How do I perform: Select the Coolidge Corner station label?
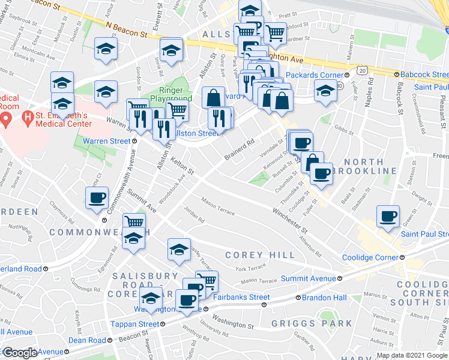click(369, 258)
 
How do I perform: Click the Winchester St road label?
click(289, 221)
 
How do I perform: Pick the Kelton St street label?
click(181, 166)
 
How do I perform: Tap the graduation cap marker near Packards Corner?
click(325, 92)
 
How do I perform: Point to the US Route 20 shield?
click(362, 70)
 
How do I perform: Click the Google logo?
click(20, 353)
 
